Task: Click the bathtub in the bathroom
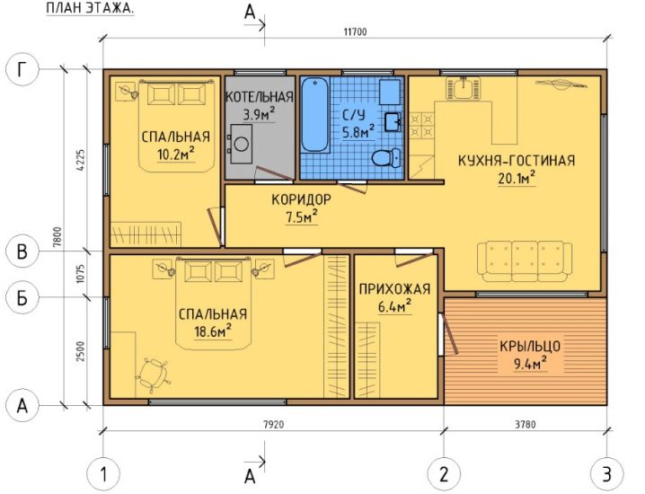click(x=315, y=116)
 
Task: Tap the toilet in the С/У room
click(x=386, y=158)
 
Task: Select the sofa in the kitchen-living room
click(x=525, y=261)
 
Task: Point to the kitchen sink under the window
click(x=464, y=88)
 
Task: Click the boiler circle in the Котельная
click(x=241, y=145)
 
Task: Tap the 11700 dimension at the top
click(x=355, y=31)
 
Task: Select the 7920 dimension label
click(x=273, y=424)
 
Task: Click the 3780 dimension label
click(x=526, y=424)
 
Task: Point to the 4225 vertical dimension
click(x=81, y=161)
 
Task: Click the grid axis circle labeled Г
click(x=22, y=69)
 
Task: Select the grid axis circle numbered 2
click(x=444, y=474)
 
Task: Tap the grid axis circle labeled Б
click(x=22, y=297)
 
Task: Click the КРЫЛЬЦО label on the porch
click(x=530, y=347)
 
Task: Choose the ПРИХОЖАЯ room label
click(x=394, y=289)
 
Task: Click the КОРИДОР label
click(x=301, y=200)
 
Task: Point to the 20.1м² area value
click(x=517, y=178)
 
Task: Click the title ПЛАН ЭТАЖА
click(x=90, y=9)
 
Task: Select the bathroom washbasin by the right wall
click(x=393, y=122)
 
